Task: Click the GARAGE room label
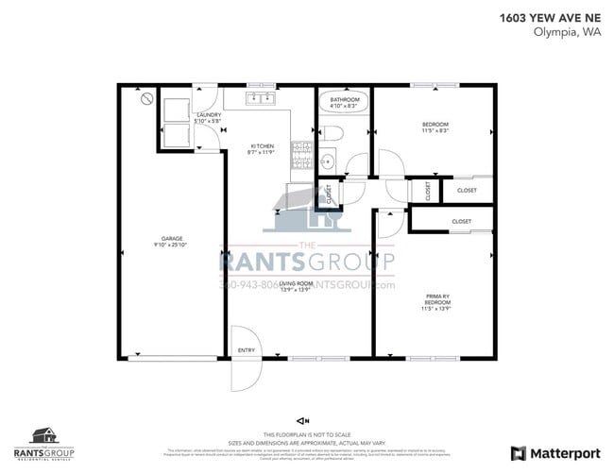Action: coord(171,238)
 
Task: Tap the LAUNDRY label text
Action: coord(208,115)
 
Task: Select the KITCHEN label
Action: coord(262,145)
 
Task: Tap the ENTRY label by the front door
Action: coord(247,350)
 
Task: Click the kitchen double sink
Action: coord(261,97)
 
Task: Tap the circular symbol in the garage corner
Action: coord(146,97)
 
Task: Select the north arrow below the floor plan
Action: coord(302,419)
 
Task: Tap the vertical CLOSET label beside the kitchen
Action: coord(329,193)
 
